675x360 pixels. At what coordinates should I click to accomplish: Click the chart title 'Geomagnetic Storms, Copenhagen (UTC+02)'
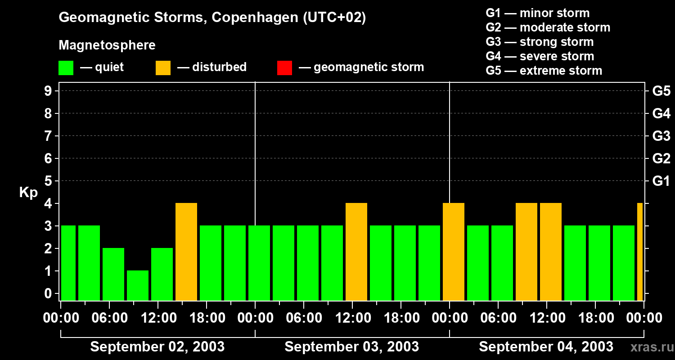click(212, 18)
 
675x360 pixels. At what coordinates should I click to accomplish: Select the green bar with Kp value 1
click(138, 285)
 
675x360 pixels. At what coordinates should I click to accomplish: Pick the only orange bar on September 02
click(186, 252)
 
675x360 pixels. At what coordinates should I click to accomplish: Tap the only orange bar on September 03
click(356, 252)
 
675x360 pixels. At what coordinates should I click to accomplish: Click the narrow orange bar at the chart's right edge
click(640, 252)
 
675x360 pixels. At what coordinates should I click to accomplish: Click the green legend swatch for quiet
click(66, 67)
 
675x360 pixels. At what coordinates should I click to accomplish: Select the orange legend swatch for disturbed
click(163, 67)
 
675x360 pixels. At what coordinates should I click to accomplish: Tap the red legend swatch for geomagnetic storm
click(284, 67)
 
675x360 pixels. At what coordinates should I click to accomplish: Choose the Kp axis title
click(28, 193)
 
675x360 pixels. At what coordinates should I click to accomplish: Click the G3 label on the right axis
click(661, 136)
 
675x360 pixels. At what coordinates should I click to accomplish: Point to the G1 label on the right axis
click(661, 181)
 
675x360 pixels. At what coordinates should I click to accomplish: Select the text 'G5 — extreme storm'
click(544, 71)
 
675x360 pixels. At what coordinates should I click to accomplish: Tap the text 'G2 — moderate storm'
click(548, 27)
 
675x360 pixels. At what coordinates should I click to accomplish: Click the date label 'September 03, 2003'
click(352, 347)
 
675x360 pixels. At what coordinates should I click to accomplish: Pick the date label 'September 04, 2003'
click(546, 347)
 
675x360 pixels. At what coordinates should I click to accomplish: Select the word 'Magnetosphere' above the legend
click(107, 45)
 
